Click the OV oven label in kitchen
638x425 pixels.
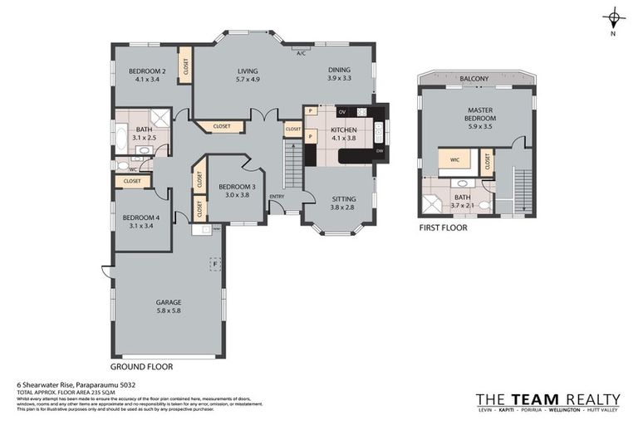click(x=341, y=111)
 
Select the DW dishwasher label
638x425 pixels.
click(x=379, y=151)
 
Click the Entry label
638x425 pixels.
click(x=276, y=197)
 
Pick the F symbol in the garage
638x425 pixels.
click(x=215, y=264)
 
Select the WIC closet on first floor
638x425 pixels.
click(x=454, y=159)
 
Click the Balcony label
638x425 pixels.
click(x=474, y=79)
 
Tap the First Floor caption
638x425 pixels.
click(x=443, y=227)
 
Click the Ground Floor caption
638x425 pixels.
click(x=142, y=365)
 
